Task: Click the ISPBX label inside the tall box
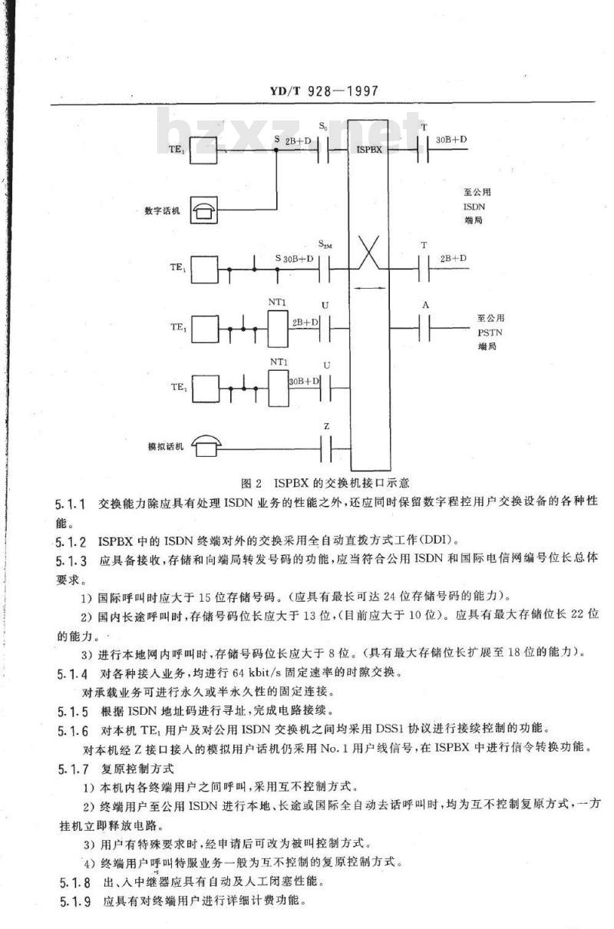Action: click(x=369, y=149)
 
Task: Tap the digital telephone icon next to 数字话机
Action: click(x=204, y=210)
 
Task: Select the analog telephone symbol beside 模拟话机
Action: click(x=206, y=446)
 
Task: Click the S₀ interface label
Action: click(x=323, y=127)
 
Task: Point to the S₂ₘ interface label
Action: click(x=325, y=244)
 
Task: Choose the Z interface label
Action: click(x=327, y=426)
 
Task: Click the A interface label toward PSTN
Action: click(x=425, y=306)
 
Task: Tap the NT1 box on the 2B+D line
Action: click(x=278, y=329)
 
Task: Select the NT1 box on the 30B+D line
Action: click(x=279, y=388)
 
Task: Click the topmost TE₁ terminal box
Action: click(x=203, y=150)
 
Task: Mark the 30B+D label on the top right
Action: click(x=451, y=140)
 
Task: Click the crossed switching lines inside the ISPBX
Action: click(x=369, y=253)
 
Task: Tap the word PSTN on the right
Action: click(x=490, y=332)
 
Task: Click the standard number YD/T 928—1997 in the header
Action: click(x=324, y=91)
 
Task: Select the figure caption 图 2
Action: click(x=252, y=483)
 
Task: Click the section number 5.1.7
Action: click(x=74, y=769)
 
